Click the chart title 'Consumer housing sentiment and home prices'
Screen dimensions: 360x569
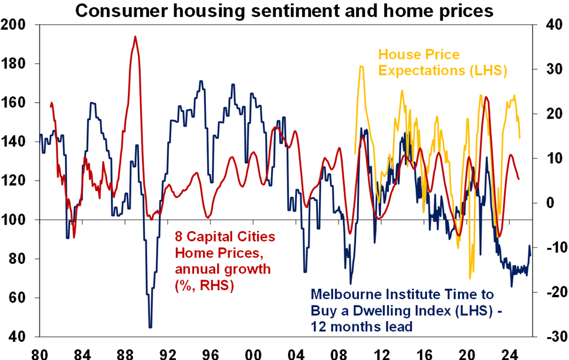click(x=284, y=10)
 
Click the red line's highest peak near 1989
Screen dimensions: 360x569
click(x=135, y=36)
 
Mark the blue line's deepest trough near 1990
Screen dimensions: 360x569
click(x=150, y=327)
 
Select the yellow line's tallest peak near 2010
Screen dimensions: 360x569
click(x=361, y=66)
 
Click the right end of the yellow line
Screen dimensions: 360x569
click(x=520, y=138)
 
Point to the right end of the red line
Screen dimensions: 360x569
click(x=519, y=179)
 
